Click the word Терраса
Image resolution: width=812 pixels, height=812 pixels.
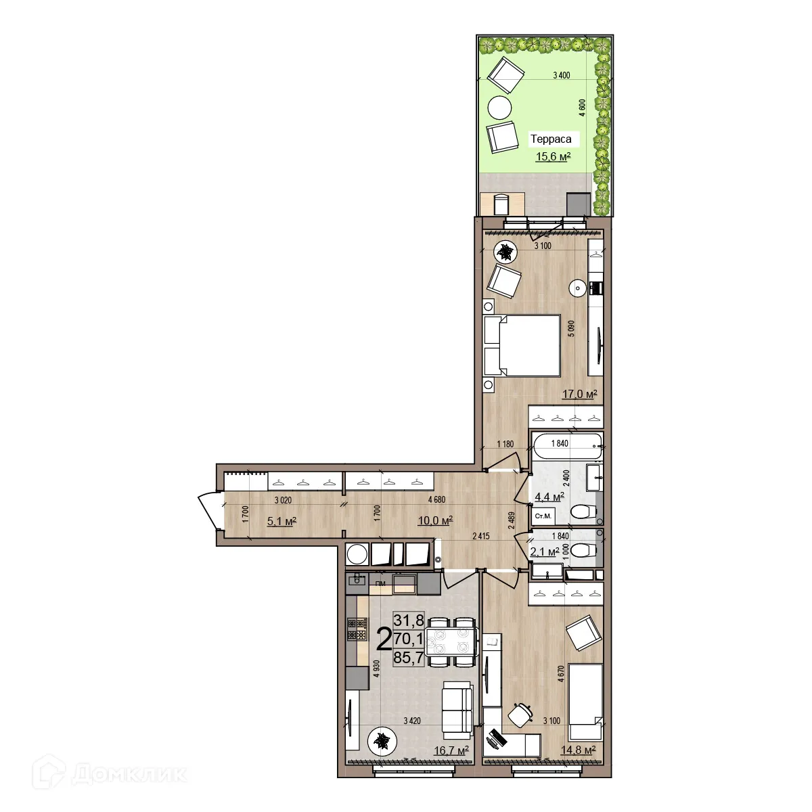tap(551, 139)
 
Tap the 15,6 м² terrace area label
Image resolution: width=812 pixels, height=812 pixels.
tap(553, 157)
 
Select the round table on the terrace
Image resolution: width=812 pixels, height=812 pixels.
tap(500, 108)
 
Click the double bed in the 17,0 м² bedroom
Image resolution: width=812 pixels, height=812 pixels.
tap(522, 344)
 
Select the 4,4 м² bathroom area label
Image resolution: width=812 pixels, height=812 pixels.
tap(549, 497)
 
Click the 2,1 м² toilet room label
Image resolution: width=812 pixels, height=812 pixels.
tap(544, 552)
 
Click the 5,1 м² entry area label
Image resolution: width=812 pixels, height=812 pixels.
tap(282, 520)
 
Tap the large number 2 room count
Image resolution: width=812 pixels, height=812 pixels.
tap(383, 638)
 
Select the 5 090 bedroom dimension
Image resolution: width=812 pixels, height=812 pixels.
tap(572, 332)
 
